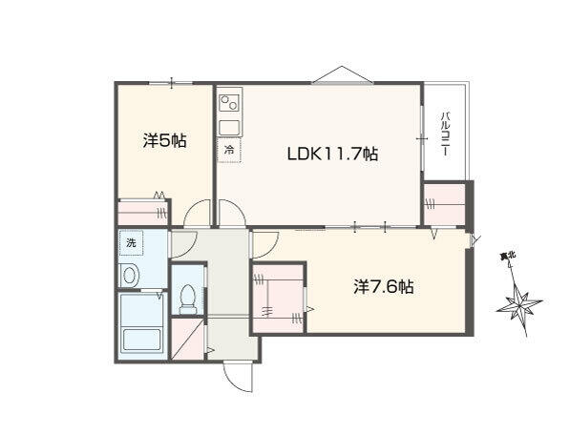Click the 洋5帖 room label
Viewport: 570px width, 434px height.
click(165, 141)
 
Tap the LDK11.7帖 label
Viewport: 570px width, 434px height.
click(332, 154)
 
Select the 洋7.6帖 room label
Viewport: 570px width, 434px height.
click(384, 287)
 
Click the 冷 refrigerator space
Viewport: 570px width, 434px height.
click(229, 150)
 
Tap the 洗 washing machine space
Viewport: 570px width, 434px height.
click(131, 242)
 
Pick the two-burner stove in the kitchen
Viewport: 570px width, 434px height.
click(229, 102)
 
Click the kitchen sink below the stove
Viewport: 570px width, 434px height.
click(229, 128)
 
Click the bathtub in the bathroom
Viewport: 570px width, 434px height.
click(142, 340)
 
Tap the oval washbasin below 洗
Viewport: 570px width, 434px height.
click(130, 276)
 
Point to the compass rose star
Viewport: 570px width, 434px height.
click(519, 304)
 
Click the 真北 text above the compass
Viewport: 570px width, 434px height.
click(508, 256)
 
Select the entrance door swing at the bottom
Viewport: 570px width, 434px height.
click(239, 377)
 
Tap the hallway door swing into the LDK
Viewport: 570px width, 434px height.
click(232, 213)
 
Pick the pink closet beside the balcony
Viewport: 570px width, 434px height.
click(445, 204)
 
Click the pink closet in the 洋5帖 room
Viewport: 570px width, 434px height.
click(143, 212)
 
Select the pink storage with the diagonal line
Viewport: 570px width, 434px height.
click(187, 340)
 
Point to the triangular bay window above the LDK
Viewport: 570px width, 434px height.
click(342, 74)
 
